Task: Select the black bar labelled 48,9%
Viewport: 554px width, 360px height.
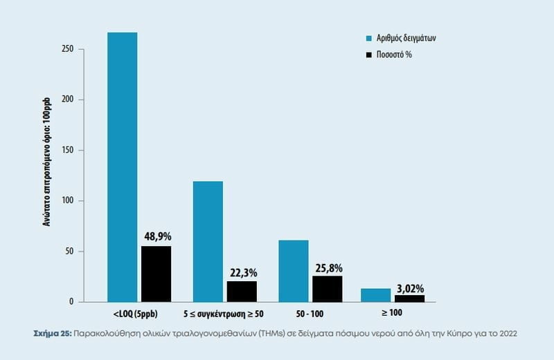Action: coord(157,274)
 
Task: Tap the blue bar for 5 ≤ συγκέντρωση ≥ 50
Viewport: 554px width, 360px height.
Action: coord(208,241)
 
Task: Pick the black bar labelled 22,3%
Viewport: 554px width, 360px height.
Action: coord(242,291)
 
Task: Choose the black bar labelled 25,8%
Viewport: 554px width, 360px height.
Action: coord(327,289)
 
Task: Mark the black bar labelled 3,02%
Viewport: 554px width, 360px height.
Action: coord(409,298)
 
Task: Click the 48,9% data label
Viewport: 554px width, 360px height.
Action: coord(157,236)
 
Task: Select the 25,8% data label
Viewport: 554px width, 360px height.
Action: coord(328,267)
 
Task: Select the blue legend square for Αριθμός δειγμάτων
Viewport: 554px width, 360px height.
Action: coord(370,39)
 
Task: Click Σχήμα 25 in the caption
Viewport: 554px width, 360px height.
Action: coord(51,333)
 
